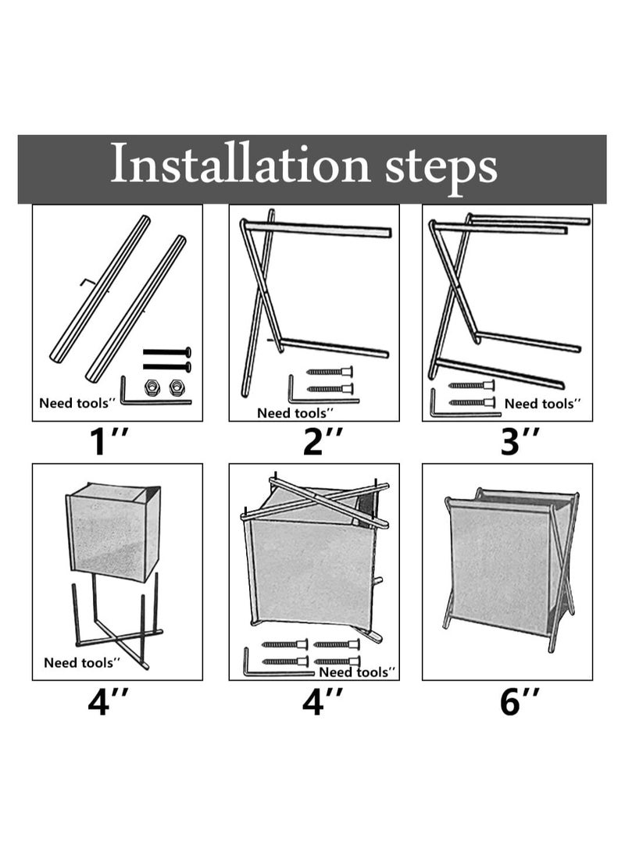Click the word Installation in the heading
tap(240, 162)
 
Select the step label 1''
tap(109, 441)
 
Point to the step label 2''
tap(323, 441)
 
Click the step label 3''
tap(520, 441)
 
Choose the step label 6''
tap(520, 701)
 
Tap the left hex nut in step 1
tap(152, 387)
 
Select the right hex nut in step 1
tap(176, 387)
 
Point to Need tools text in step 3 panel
tap(542, 404)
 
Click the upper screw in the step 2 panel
tap(330, 373)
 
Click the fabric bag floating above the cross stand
tap(113, 531)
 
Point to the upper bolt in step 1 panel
tap(167, 352)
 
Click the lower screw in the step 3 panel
tap(472, 403)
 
